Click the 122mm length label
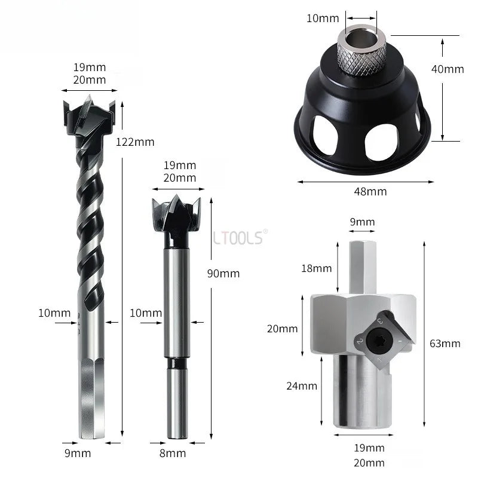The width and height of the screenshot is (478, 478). click(135, 142)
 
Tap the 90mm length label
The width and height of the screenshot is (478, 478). click(223, 274)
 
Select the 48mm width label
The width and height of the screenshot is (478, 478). click(370, 191)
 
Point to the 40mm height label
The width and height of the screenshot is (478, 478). click(448, 69)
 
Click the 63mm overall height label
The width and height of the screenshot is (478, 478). click(445, 344)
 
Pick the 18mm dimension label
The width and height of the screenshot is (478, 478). click(317, 268)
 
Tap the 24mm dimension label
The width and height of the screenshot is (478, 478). click(302, 386)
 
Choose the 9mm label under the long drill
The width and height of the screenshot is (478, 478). click(78, 454)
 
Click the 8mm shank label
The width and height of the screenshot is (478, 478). click(173, 454)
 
